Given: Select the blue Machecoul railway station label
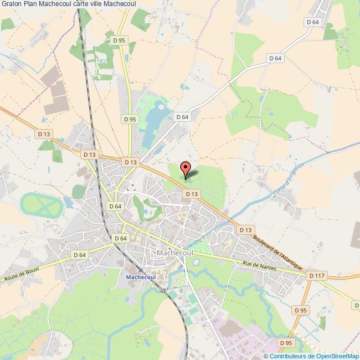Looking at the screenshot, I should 140,276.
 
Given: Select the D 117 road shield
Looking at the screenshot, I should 317,275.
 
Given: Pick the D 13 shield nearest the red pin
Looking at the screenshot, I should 192,194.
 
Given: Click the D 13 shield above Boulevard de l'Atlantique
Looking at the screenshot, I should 245,230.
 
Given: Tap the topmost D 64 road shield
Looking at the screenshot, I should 312,22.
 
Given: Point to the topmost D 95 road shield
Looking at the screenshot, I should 119,40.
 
